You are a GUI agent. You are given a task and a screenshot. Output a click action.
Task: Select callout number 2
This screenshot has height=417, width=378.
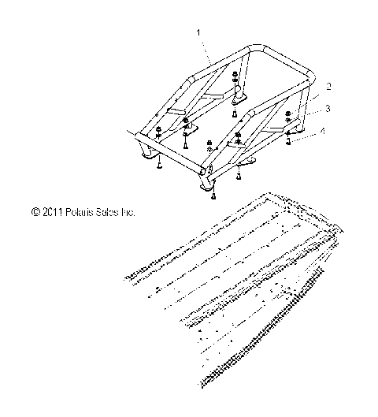coord(328,85)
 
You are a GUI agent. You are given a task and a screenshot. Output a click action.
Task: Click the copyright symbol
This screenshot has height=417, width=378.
coord(35,212)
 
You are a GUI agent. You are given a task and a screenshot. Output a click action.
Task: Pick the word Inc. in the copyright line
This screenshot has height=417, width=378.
coord(128,212)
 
